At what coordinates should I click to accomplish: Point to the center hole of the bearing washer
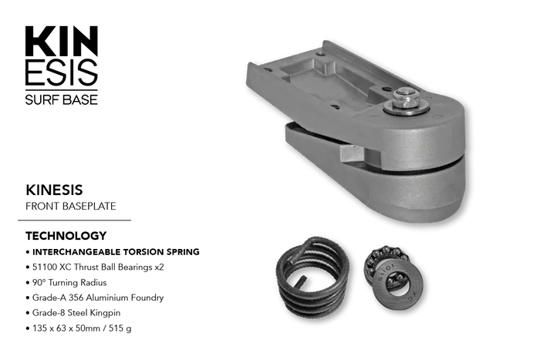tap(396, 284)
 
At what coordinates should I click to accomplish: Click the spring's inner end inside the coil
tap(304, 271)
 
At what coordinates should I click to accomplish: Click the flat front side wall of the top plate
tap(309, 104)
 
